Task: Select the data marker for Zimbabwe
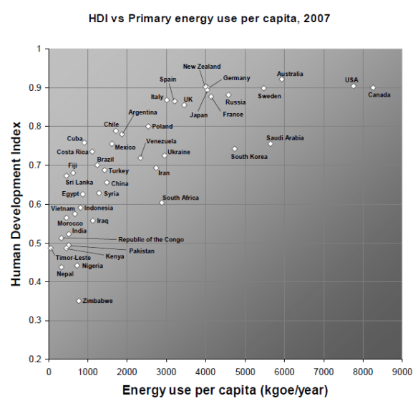pyautogui.click(x=79, y=301)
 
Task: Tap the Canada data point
pyautogui.click(x=373, y=87)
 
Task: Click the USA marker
pyautogui.click(x=353, y=86)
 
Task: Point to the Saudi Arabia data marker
pyautogui.click(x=271, y=144)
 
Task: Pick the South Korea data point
pyautogui.click(x=234, y=149)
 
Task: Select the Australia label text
pyautogui.click(x=290, y=74)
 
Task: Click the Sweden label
pyautogui.click(x=269, y=97)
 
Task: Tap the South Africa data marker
pyautogui.click(x=162, y=203)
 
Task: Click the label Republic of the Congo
pyautogui.click(x=150, y=240)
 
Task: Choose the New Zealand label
pyautogui.click(x=202, y=67)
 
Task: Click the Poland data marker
pyautogui.click(x=148, y=126)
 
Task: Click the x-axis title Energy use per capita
pyautogui.click(x=224, y=390)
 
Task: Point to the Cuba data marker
pyautogui.click(x=84, y=142)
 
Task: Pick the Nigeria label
pyautogui.click(x=92, y=266)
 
